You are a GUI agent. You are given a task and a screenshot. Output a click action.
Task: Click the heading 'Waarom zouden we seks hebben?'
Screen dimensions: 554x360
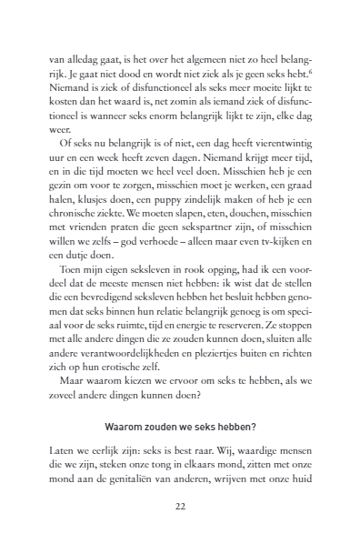(179, 453)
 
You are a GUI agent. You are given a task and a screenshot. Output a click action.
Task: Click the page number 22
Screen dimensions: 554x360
(179, 535)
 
